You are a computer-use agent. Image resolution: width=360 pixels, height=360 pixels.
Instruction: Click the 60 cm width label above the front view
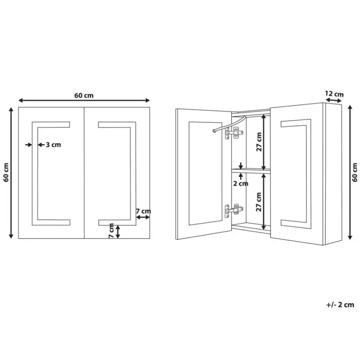click(x=84, y=95)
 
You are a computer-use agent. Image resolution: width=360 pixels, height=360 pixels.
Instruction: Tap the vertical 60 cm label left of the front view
click(x=6, y=172)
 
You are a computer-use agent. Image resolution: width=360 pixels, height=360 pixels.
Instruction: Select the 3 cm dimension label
click(x=53, y=145)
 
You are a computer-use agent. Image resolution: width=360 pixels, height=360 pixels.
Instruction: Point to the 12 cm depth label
click(x=334, y=94)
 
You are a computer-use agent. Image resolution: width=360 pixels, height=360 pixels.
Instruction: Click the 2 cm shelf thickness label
click(x=241, y=184)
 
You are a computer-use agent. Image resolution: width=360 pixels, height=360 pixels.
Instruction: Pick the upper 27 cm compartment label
click(x=259, y=142)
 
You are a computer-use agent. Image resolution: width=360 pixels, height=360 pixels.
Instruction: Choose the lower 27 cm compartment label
click(x=259, y=202)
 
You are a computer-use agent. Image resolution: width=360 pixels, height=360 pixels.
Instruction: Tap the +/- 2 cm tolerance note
click(x=340, y=305)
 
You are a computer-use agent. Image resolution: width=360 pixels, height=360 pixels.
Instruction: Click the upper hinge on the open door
click(x=234, y=133)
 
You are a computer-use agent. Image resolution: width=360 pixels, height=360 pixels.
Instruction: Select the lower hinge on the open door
click(x=234, y=210)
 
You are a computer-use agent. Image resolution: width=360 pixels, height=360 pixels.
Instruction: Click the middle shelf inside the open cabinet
click(x=251, y=171)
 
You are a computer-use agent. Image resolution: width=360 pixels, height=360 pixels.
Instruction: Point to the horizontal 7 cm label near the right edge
click(x=143, y=211)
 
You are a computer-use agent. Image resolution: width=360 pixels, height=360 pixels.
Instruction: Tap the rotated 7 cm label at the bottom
click(x=111, y=230)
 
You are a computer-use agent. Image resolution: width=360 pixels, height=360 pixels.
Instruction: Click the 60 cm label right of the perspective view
click(x=355, y=172)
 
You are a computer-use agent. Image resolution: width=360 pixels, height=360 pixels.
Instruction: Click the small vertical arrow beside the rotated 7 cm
click(x=118, y=232)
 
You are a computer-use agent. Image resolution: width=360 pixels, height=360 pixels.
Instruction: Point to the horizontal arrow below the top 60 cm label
click(x=84, y=100)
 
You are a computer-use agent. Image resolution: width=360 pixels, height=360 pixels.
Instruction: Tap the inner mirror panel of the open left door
click(x=205, y=173)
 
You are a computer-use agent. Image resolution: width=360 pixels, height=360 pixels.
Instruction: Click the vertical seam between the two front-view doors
click(x=84, y=173)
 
